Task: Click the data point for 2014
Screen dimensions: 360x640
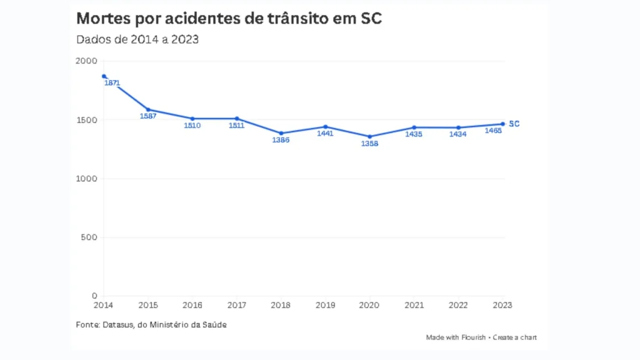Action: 104,76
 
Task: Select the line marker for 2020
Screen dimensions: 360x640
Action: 369,136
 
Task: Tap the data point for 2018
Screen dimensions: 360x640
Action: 281,133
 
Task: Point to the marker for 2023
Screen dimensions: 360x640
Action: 502,124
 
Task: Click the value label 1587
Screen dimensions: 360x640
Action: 148,116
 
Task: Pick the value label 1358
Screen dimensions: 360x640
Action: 369,144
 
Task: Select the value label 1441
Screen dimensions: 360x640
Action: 325,134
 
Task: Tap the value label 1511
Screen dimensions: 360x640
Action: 236,126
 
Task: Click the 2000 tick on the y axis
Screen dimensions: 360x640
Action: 86,61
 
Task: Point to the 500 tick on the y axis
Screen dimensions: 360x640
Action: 89,237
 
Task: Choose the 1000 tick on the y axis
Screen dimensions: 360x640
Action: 87,179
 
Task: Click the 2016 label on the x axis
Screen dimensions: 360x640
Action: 192,306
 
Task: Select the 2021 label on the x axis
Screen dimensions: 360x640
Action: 414,306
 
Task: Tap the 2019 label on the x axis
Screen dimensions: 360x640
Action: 325,306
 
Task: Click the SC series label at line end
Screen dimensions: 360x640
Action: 514,124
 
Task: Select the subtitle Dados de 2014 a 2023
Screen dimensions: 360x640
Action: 137,39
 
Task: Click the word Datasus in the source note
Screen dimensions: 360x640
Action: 117,324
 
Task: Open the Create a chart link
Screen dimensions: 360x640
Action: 514,337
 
